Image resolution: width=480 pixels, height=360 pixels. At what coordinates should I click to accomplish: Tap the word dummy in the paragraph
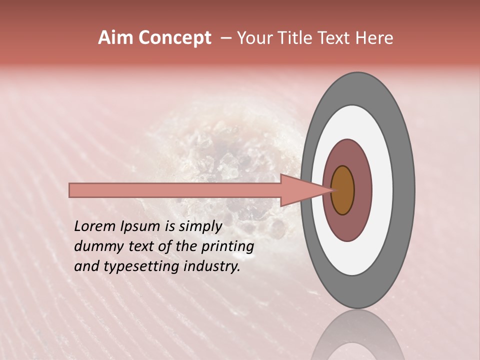pyautogui.click(x=95, y=246)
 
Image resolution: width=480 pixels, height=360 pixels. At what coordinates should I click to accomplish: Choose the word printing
pyautogui.click(x=227, y=247)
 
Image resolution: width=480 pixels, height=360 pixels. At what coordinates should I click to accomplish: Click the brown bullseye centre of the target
pyautogui.click(x=342, y=190)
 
